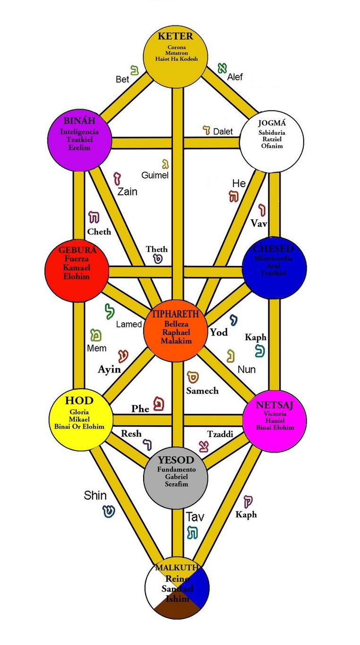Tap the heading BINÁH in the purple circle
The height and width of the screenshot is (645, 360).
click(79, 121)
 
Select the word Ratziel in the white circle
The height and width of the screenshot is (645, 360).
click(271, 139)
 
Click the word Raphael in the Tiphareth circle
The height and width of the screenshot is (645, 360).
click(176, 332)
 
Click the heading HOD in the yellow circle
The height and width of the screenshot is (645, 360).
click(79, 401)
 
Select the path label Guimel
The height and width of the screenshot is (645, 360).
click(155, 175)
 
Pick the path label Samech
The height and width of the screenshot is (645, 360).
click(202, 391)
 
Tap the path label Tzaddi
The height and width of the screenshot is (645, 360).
click(221, 434)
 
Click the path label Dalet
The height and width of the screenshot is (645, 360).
click(223, 131)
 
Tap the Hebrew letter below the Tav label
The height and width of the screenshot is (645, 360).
click(192, 532)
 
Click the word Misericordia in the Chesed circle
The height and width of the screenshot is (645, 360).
click(274, 258)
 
